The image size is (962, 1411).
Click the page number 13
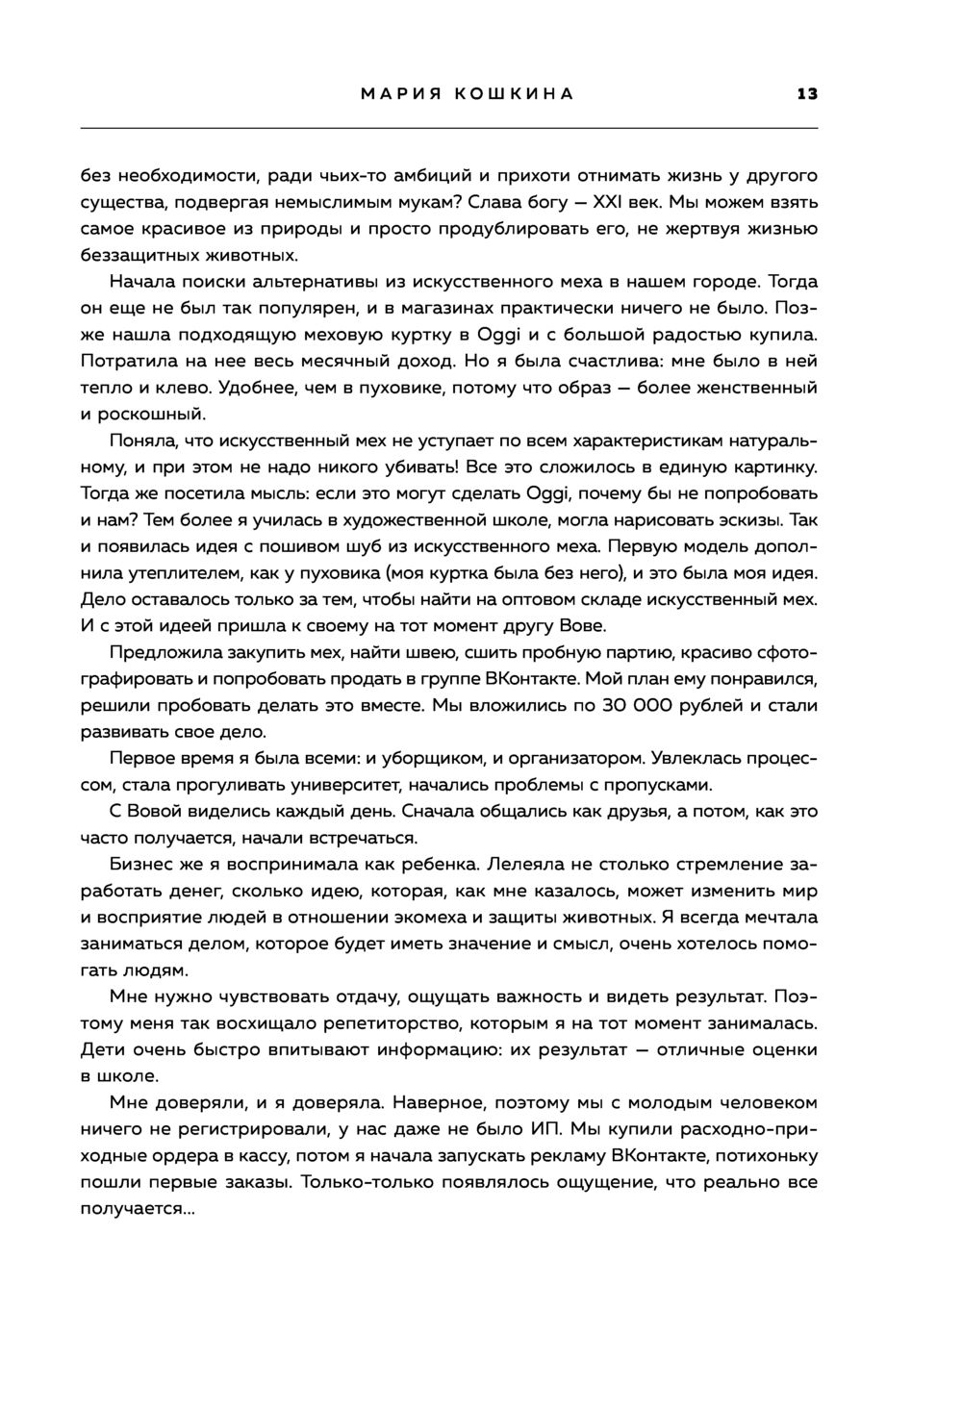tap(806, 94)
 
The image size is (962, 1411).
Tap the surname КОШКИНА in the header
tap(514, 94)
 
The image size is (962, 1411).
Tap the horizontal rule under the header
tap(448, 128)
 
